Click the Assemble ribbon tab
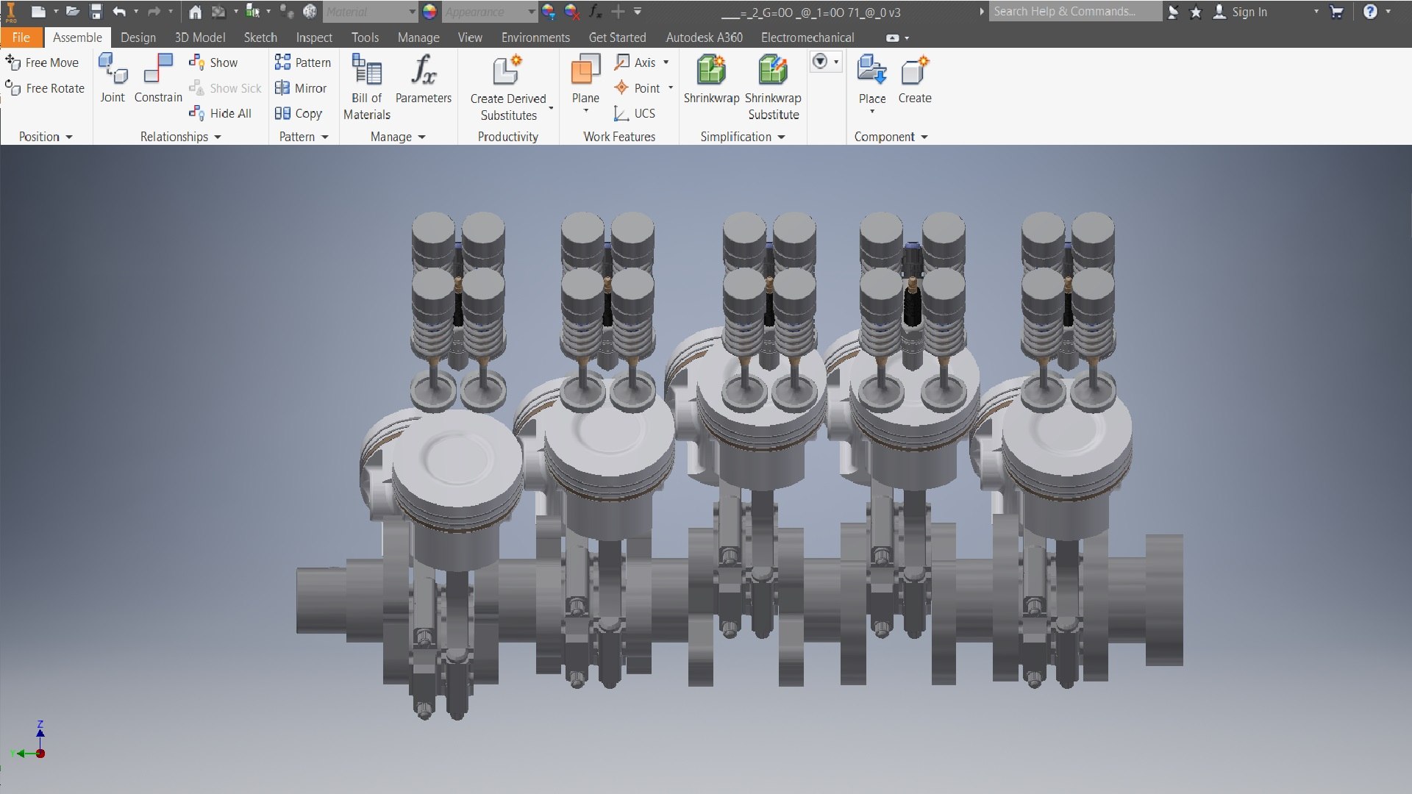pos(77,37)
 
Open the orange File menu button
pos(21,37)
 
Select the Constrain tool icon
pos(158,71)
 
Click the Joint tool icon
pos(113,71)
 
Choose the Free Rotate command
pos(46,88)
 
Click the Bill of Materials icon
pos(366,71)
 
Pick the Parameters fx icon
pos(423,71)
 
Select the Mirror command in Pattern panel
pos(301,88)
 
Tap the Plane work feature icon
pos(585,71)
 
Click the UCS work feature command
pos(635,113)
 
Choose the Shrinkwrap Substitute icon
pos(773,71)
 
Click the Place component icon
pos(871,71)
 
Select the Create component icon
pos(914,71)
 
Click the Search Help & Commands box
pos(1074,12)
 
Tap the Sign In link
pos(1249,12)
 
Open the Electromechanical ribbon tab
pos(807,37)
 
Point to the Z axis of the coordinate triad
pos(40,728)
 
